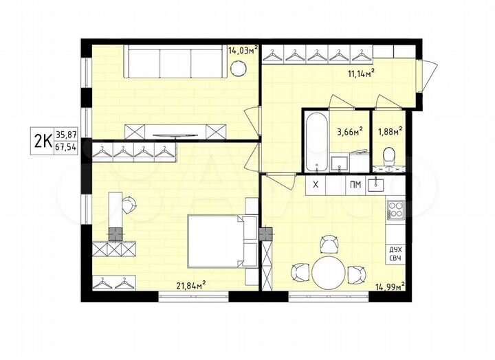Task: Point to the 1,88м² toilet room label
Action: pos(390,130)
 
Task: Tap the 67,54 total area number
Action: pos(67,148)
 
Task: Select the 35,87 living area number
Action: pos(67,135)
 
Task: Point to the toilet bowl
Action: pos(389,155)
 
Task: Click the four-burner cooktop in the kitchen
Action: pos(396,210)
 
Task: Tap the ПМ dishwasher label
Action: pos(355,184)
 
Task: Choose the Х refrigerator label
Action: pos(316,184)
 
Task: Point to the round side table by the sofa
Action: pos(239,67)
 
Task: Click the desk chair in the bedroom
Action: pos(129,202)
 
